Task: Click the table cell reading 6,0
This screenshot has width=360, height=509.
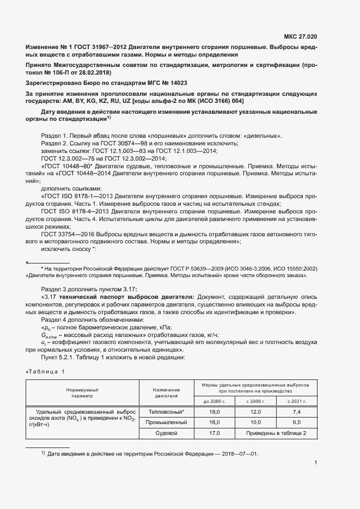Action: click(x=297, y=422)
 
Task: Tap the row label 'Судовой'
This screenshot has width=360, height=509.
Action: click(x=167, y=433)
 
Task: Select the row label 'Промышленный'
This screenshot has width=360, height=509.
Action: click(x=167, y=422)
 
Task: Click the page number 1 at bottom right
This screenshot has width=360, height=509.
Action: click(x=315, y=463)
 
